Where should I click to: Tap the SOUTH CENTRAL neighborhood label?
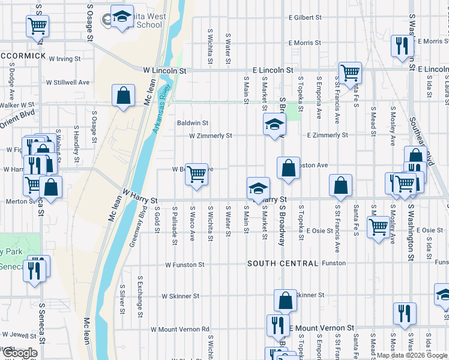[283, 263]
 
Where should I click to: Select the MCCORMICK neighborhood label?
[23, 56]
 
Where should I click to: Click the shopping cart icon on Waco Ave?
[196, 175]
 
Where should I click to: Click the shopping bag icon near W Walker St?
[123, 95]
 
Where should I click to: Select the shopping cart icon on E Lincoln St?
[350, 73]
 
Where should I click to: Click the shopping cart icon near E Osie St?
[378, 227]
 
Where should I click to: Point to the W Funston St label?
[185, 264]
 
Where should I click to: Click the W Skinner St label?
[181, 296]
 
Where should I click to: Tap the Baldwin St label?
[192, 123]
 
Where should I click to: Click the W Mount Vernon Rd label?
[179, 329]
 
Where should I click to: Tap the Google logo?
[20, 353]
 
